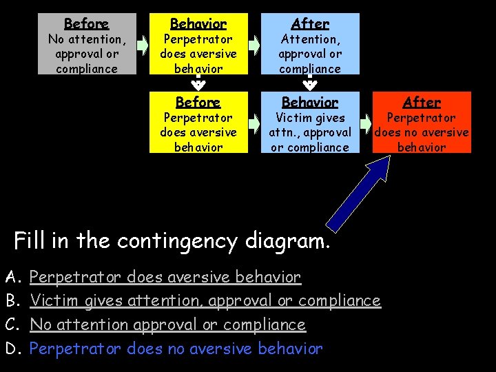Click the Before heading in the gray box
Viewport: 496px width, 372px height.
pos(85,24)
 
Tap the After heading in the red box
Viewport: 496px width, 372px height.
pos(422,103)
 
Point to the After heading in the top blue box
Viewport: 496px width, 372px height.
pos(310,24)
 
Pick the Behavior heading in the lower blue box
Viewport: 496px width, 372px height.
pos(310,103)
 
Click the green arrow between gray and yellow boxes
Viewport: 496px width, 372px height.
pos(143,45)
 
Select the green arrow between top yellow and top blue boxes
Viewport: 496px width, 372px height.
pos(254,45)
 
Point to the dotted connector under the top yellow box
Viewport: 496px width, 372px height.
pos(198,83)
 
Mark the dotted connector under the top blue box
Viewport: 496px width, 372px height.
pos(310,83)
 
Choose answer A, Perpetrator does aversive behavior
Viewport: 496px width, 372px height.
pos(165,278)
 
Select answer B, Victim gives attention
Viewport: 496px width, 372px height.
pos(205,301)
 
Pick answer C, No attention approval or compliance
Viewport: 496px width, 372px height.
pos(167,324)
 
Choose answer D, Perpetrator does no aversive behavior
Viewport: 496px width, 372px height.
pos(176,349)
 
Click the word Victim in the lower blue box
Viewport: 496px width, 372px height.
pos(292,118)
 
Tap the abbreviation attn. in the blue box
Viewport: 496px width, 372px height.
pos(285,132)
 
